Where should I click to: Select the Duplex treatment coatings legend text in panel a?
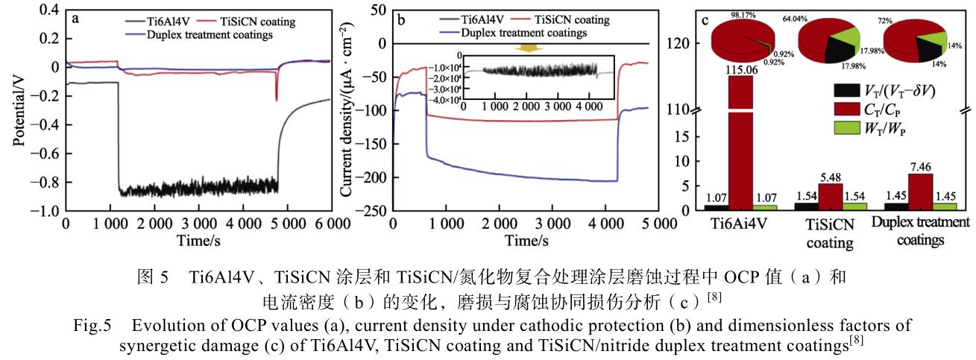tap(210, 34)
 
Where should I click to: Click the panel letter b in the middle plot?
tap(401, 20)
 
